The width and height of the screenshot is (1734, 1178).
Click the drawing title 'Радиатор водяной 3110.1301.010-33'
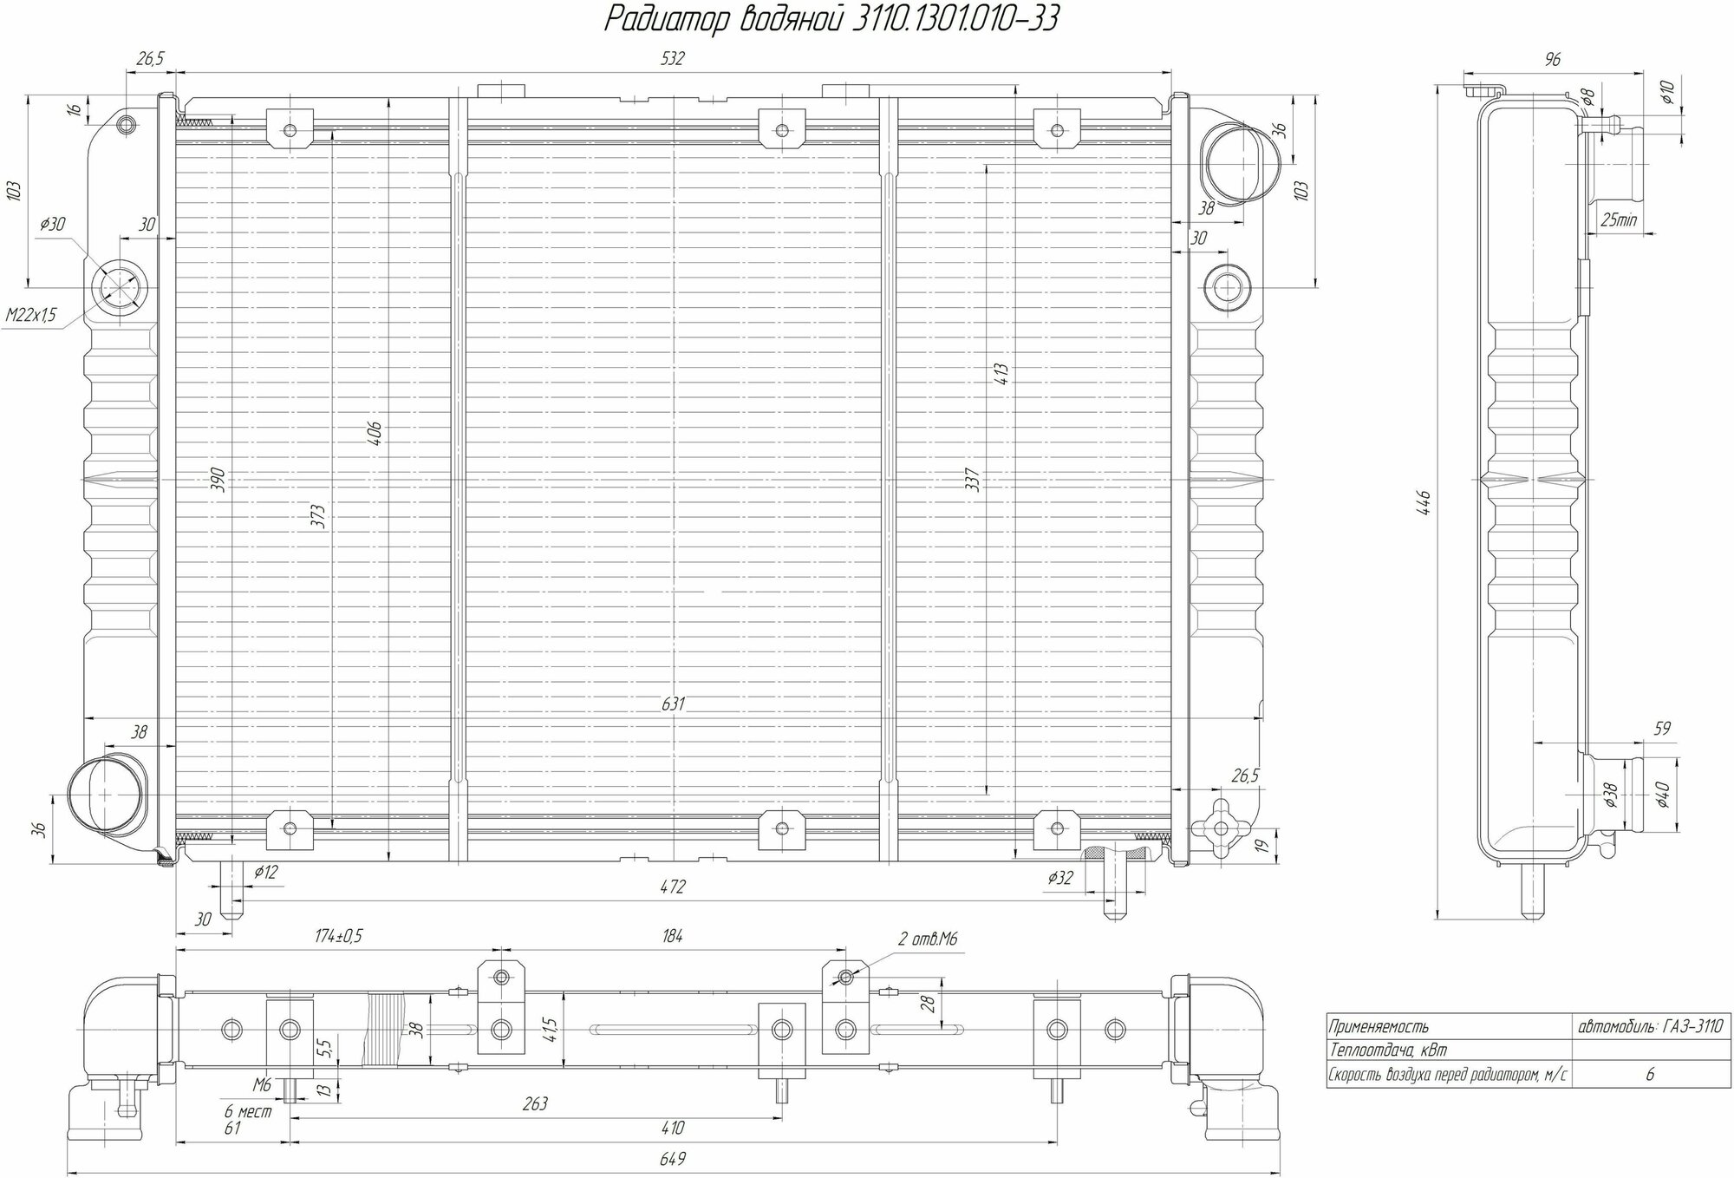coord(831,20)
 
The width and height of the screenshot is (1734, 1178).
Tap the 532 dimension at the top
coord(672,59)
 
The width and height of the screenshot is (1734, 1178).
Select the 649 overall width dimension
coord(673,1159)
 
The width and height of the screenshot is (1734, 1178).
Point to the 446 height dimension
coord(1423,503)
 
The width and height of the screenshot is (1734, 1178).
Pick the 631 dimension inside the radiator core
coord(673,704)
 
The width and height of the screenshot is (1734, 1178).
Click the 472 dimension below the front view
coord(673,887)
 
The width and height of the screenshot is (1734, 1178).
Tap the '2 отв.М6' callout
coord(927,939)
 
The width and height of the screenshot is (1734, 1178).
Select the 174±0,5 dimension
coord(338,937)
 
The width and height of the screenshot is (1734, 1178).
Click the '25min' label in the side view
coord(1618,220)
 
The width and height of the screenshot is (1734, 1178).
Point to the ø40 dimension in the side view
coord(1661,794)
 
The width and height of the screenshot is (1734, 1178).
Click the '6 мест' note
coord(248,1112)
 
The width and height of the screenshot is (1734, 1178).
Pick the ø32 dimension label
coord(1059,878)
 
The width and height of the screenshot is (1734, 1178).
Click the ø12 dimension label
coord(265,872)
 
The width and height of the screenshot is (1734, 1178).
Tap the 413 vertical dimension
coord(1002,375)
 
